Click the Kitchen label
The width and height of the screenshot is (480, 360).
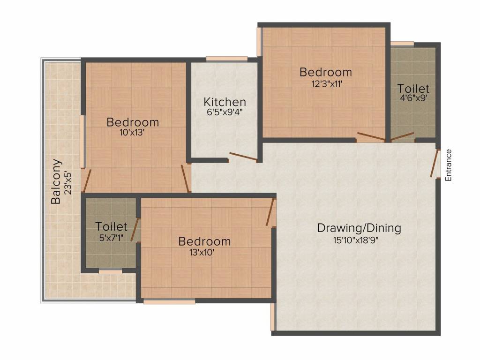point(225,102)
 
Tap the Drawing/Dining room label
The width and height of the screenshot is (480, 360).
point(359,228)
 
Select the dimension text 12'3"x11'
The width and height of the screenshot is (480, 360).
point(326,83)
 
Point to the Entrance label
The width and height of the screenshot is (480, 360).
point(448,165)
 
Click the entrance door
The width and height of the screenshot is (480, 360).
point(435,164)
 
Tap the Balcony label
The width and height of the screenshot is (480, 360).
point(56,181)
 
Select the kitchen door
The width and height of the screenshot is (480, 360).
point(243,156)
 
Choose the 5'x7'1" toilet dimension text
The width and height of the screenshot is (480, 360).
point(111,238)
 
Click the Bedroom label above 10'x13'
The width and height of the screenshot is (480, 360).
point(133,122)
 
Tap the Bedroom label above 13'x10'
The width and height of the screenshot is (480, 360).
point(204,241)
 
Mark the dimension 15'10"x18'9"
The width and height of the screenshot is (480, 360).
point(356,240)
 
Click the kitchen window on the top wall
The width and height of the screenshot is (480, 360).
point(226,59)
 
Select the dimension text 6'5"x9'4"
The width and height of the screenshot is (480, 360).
point(225,112)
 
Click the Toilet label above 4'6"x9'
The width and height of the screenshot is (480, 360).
point(413,89)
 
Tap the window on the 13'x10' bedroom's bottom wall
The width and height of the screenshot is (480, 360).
point(169,302)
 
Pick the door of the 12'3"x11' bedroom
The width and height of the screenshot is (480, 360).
point(371,137)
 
